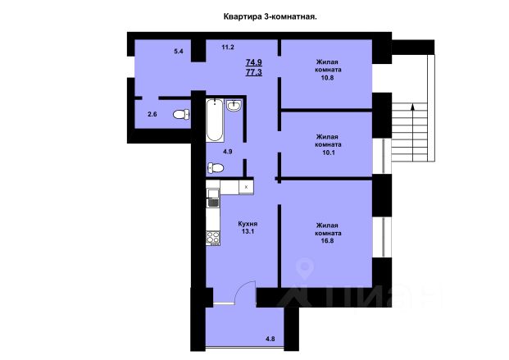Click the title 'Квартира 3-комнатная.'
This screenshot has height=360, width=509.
[x=270, y=16]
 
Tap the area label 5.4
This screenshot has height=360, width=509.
[x=179, y=51]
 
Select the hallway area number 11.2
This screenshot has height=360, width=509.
[x=228, y=47]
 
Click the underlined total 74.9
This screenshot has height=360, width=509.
[x=254, y=62]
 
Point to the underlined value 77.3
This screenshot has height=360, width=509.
[x=254, y=72]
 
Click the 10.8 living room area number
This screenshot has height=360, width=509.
[x=327, y=78]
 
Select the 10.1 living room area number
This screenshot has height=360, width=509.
[x=327, y=153]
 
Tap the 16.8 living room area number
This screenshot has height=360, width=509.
[x=327, y=241]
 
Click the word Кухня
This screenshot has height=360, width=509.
[x=248, y=224]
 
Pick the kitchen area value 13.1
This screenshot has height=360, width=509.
[x=248, y=231]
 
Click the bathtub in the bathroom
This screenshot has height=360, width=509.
[x=215, y=121]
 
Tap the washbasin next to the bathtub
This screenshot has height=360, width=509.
[x=234, y=105]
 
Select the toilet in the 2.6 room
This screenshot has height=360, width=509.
[x=181, y=114]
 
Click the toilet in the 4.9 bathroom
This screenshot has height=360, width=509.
[x=216, y=168]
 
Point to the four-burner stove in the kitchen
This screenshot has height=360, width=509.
[x=213, y=238]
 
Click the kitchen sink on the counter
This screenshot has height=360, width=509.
[x=213, y=194]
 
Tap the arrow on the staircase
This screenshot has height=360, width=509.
[x=412, y=132]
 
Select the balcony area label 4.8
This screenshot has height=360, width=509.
[x=270, y=339]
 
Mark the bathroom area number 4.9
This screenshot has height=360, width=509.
[x=227, y=152]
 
